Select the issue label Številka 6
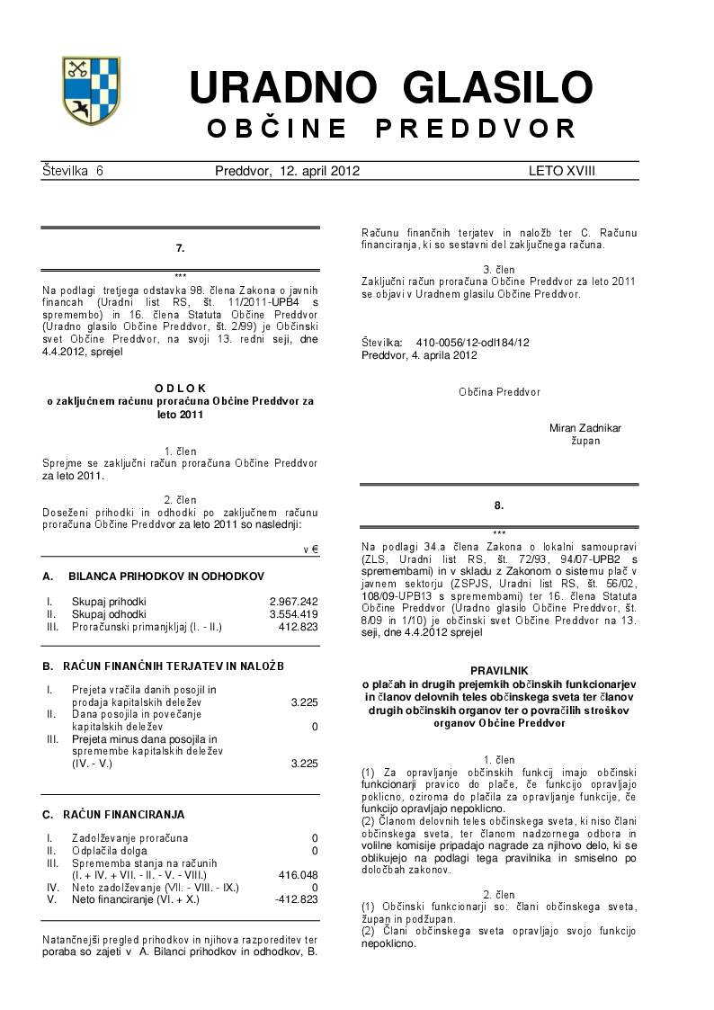[73, 171]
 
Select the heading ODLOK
[180, 388]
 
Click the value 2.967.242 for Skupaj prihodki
[293, 601]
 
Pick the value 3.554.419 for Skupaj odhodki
[293, 613]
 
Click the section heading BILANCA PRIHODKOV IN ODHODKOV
[166, 575]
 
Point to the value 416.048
[299, 874]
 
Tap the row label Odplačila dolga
[112, 850]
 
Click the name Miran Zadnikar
[585, 429]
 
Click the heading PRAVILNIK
[499, 671]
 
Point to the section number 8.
[499, 505]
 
